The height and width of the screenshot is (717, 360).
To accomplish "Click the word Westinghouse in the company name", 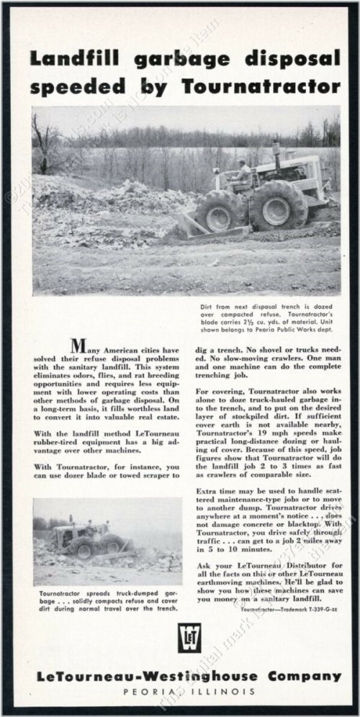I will (x=199, y=677).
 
